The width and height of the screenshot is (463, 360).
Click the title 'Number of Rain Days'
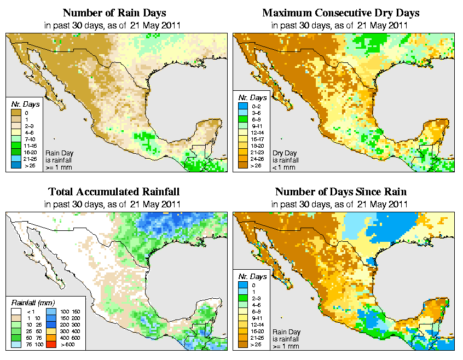(114, 13)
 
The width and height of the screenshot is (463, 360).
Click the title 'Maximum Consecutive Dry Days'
(341, 13)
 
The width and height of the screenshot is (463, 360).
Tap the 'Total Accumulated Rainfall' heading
(114, 192)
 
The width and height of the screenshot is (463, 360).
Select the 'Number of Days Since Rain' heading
(341, 192)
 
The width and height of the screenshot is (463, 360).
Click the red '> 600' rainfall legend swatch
(49, 345)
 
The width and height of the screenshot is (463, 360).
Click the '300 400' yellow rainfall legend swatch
(49, 331)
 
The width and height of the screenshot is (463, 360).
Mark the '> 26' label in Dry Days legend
(256, 165)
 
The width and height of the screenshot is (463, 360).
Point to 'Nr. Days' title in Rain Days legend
(22, 104)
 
